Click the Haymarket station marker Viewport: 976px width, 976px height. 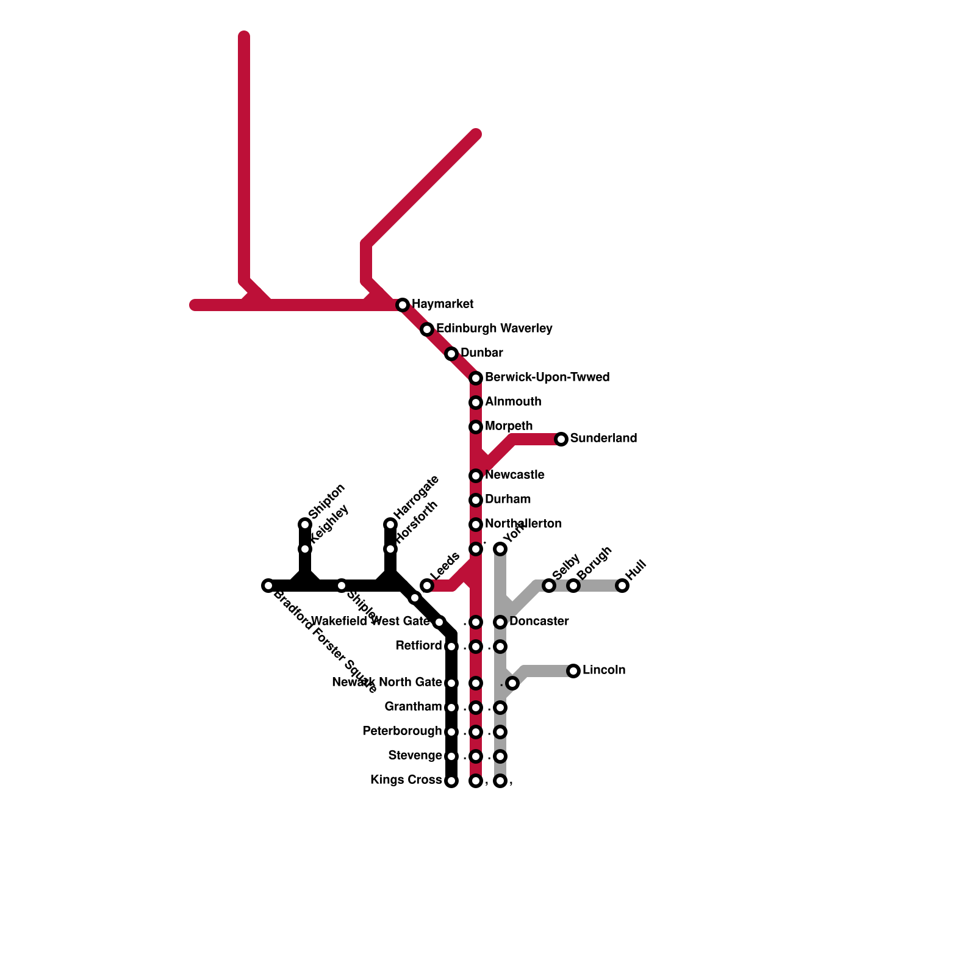pos(403,305)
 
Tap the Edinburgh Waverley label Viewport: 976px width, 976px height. pos(494,329)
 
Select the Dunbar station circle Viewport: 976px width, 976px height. pos(451,354)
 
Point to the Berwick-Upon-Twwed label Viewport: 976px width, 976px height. pos(547,378)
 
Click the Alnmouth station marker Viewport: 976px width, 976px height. pos(476,403)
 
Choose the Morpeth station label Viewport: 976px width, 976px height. pos(509,426)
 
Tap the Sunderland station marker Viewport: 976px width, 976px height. pos(561,439)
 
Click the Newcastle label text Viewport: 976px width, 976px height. pos(515,475)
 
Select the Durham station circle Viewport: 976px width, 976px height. pos(476,500)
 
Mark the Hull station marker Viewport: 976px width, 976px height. pos(622,586)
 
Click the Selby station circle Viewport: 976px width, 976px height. pos(549,586)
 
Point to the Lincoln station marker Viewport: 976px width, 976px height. pos(573,671)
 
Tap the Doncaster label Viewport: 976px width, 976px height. pos(539,622)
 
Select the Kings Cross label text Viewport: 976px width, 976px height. pos(406,780)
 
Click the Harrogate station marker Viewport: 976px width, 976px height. pos(390,525)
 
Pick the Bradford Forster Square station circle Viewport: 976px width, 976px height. pos(268,586)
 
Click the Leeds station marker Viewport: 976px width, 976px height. pos(427,586)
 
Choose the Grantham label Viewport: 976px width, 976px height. pos(413,707)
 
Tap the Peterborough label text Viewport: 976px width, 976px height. pos(402,731)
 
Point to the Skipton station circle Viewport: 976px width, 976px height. pos(305,525)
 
